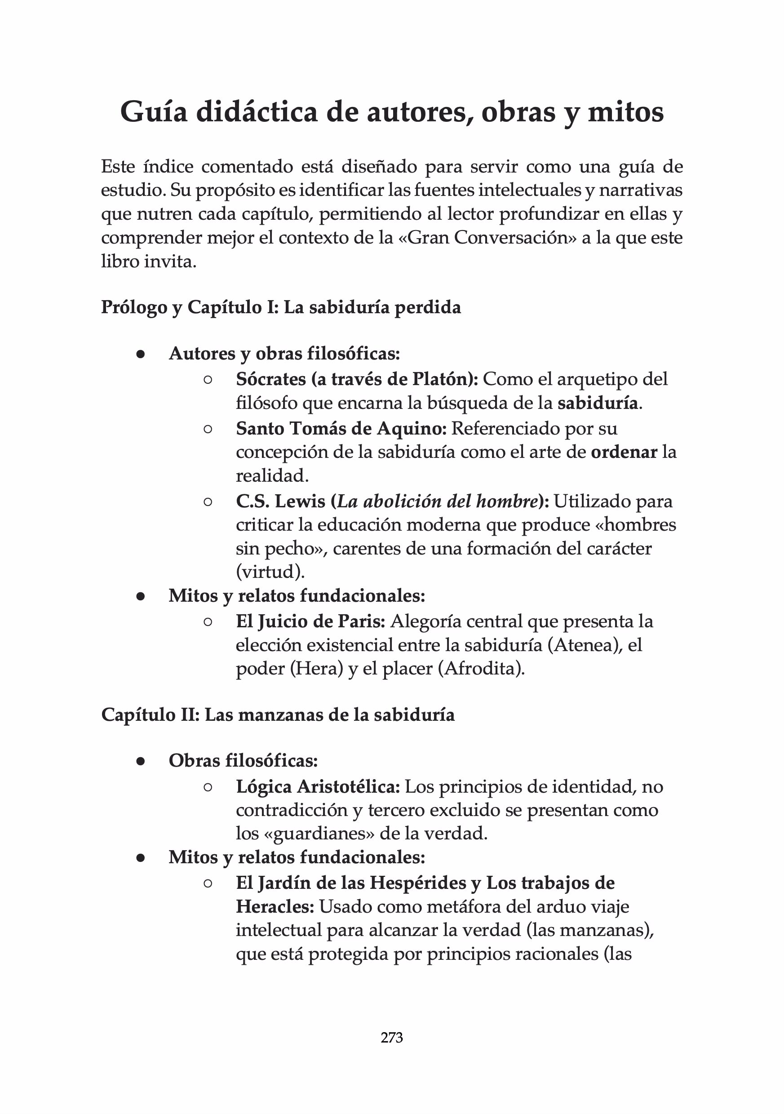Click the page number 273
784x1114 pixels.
click(391, 1037)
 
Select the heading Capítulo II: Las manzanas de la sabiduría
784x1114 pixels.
click(278, 715)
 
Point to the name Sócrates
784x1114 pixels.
click(271, 379)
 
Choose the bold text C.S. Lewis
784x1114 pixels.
click(280, 501)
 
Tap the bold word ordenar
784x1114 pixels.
click(624, 452)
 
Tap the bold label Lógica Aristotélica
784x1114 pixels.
click(318, 786)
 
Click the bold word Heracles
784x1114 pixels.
click(275, 906)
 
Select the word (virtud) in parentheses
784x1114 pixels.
click(270, 572)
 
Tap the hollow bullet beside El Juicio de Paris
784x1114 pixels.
click(208, 621)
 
